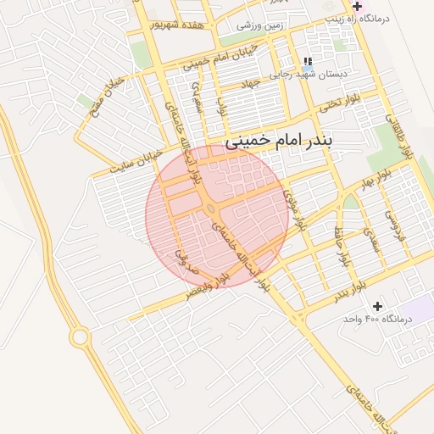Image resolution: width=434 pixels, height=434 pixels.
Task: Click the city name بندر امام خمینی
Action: [x=280, y=138]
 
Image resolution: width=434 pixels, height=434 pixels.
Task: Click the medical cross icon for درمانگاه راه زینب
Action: [x=357, y=6]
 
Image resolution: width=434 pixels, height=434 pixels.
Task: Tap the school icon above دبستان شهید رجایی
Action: [x=307, y=60]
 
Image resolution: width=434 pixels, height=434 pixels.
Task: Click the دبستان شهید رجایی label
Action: [x=309, y=75]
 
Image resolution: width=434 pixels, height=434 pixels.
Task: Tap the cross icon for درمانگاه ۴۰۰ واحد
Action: [x=377, y=306]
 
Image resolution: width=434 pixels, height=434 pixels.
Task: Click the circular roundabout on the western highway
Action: [x=81, y=337]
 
